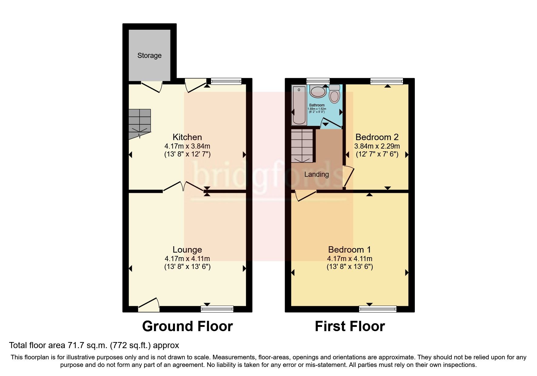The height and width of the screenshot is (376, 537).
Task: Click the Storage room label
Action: (149, 55)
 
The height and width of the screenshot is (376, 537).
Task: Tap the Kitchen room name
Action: (187, 137)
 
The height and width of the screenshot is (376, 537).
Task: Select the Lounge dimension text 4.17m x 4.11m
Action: (187, 259)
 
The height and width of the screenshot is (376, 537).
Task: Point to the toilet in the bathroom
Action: (334, 95)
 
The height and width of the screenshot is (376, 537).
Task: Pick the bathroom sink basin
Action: (317, 91)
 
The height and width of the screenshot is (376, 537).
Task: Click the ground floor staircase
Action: (140, 123)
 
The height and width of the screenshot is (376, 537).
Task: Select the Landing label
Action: (316, 174)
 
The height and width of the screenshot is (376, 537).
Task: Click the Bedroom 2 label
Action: (377, 137)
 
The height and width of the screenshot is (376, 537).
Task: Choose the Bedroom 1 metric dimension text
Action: (349, 259)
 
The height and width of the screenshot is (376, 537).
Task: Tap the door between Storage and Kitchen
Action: (151, 86)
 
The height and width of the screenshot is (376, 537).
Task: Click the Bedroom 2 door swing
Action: (348, 176)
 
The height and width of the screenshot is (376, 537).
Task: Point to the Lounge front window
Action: (217, 309)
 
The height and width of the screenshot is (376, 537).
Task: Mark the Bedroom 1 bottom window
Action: (378, 309)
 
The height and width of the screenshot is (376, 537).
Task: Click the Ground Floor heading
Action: (187, 326)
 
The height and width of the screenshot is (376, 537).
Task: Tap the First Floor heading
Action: (350, 326)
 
